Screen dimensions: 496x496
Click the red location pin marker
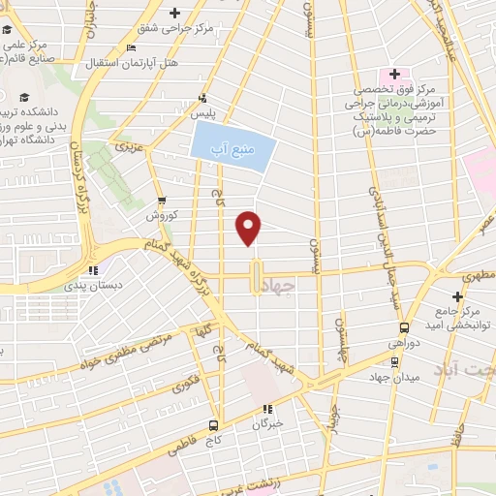[x=250, y=228]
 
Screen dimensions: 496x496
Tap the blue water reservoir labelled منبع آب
[x=232, y=146]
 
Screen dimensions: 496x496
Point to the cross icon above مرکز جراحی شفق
[x=174, y=13]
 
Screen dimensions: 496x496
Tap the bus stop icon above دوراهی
[x=405, y=328]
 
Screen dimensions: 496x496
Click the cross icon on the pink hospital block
[x=394, y=75]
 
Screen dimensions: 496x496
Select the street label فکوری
[x=185, y=383]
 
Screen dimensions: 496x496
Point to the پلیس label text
[x=204, y=112]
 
